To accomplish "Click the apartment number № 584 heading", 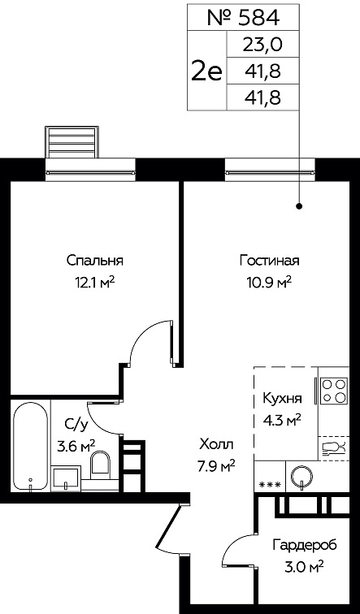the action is coord(243,18).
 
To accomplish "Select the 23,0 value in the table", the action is coord(262,45).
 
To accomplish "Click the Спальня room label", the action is coord(95,261).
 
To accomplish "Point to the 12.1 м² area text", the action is coord(95,281).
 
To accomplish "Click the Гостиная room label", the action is coord(270,261).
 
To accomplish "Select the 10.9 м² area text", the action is coord(270,281).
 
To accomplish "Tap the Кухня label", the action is coord(283,399).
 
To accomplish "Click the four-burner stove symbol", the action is coord(334,391).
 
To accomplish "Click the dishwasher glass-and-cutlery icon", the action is coord(334,448).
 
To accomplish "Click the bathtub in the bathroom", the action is coord(31,446).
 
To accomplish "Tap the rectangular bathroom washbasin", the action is coord(66,478).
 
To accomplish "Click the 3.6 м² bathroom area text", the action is coord(76,445).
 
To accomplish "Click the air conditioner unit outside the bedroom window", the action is coord(72,141).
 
